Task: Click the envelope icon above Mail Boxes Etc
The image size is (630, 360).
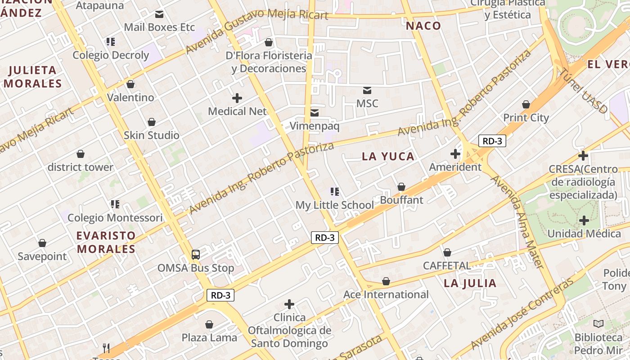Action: tap(159, 14)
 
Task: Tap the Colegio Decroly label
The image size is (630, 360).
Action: tap(111, 55)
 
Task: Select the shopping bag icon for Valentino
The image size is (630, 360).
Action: tap(130, 84)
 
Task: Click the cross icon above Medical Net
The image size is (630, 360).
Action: tap(237, 98)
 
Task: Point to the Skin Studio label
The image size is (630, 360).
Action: tap(152, 135)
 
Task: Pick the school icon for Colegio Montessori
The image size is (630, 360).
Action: tap(115, 204)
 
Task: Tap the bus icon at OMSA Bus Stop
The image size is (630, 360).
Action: tap(196, 255)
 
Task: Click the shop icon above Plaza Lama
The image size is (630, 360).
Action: tap(209, 324)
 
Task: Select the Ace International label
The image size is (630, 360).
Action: tap(386, 295)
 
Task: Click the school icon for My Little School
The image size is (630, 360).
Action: tap(334, 192)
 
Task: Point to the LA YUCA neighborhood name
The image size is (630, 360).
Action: tap(388, 157)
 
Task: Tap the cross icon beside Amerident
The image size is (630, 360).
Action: tap(455, 154)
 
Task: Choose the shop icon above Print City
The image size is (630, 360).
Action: tap(526, 105)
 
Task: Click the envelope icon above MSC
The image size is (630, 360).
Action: tap(367, 90)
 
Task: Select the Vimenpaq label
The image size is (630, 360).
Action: tap(314, 126)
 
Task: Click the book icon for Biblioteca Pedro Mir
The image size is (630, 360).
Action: tap(598, 324)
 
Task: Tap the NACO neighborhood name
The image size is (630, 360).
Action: tap(423, 26)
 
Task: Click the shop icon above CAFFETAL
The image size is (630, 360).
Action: tap(447, 252)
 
